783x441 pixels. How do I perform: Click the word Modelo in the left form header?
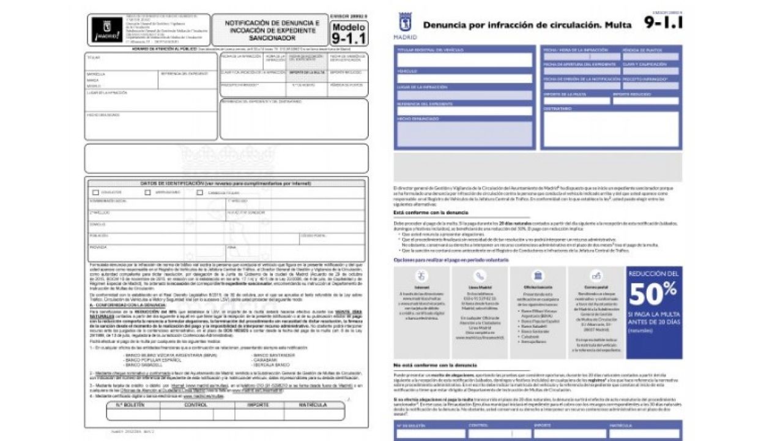(x=349, y=27)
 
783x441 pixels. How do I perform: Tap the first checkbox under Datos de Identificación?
(x=95, y=192)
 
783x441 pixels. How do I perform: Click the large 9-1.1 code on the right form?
(x=663, y=23)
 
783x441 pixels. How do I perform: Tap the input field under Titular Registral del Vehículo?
(x=464, y=60)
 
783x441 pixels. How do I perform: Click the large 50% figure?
(x=653, y=295)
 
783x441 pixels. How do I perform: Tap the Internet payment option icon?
(x=421, y=276)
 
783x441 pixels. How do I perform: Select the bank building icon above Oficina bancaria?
(x=538, y=276)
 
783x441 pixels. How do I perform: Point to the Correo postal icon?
(x=596, y=276)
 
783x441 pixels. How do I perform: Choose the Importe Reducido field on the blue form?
(x=645, y=101)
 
